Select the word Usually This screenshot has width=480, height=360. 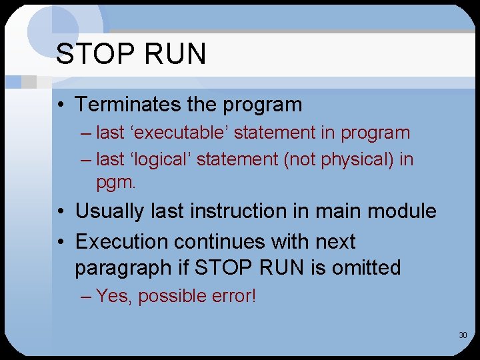110,211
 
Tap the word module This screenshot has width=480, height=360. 403,211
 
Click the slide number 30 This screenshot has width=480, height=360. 462,335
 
